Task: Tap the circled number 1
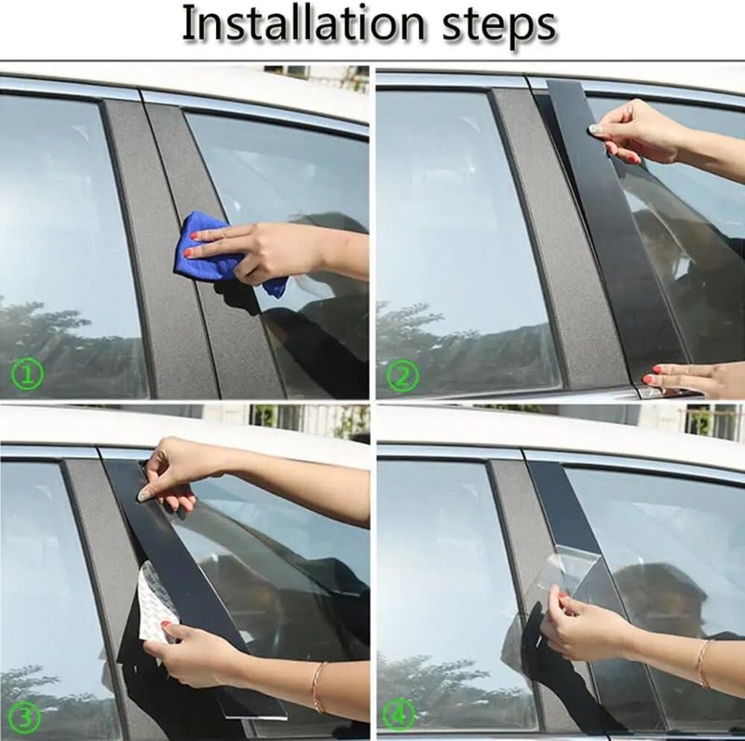click(x=28, y=375)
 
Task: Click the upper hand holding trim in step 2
click(x=639, y=130)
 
